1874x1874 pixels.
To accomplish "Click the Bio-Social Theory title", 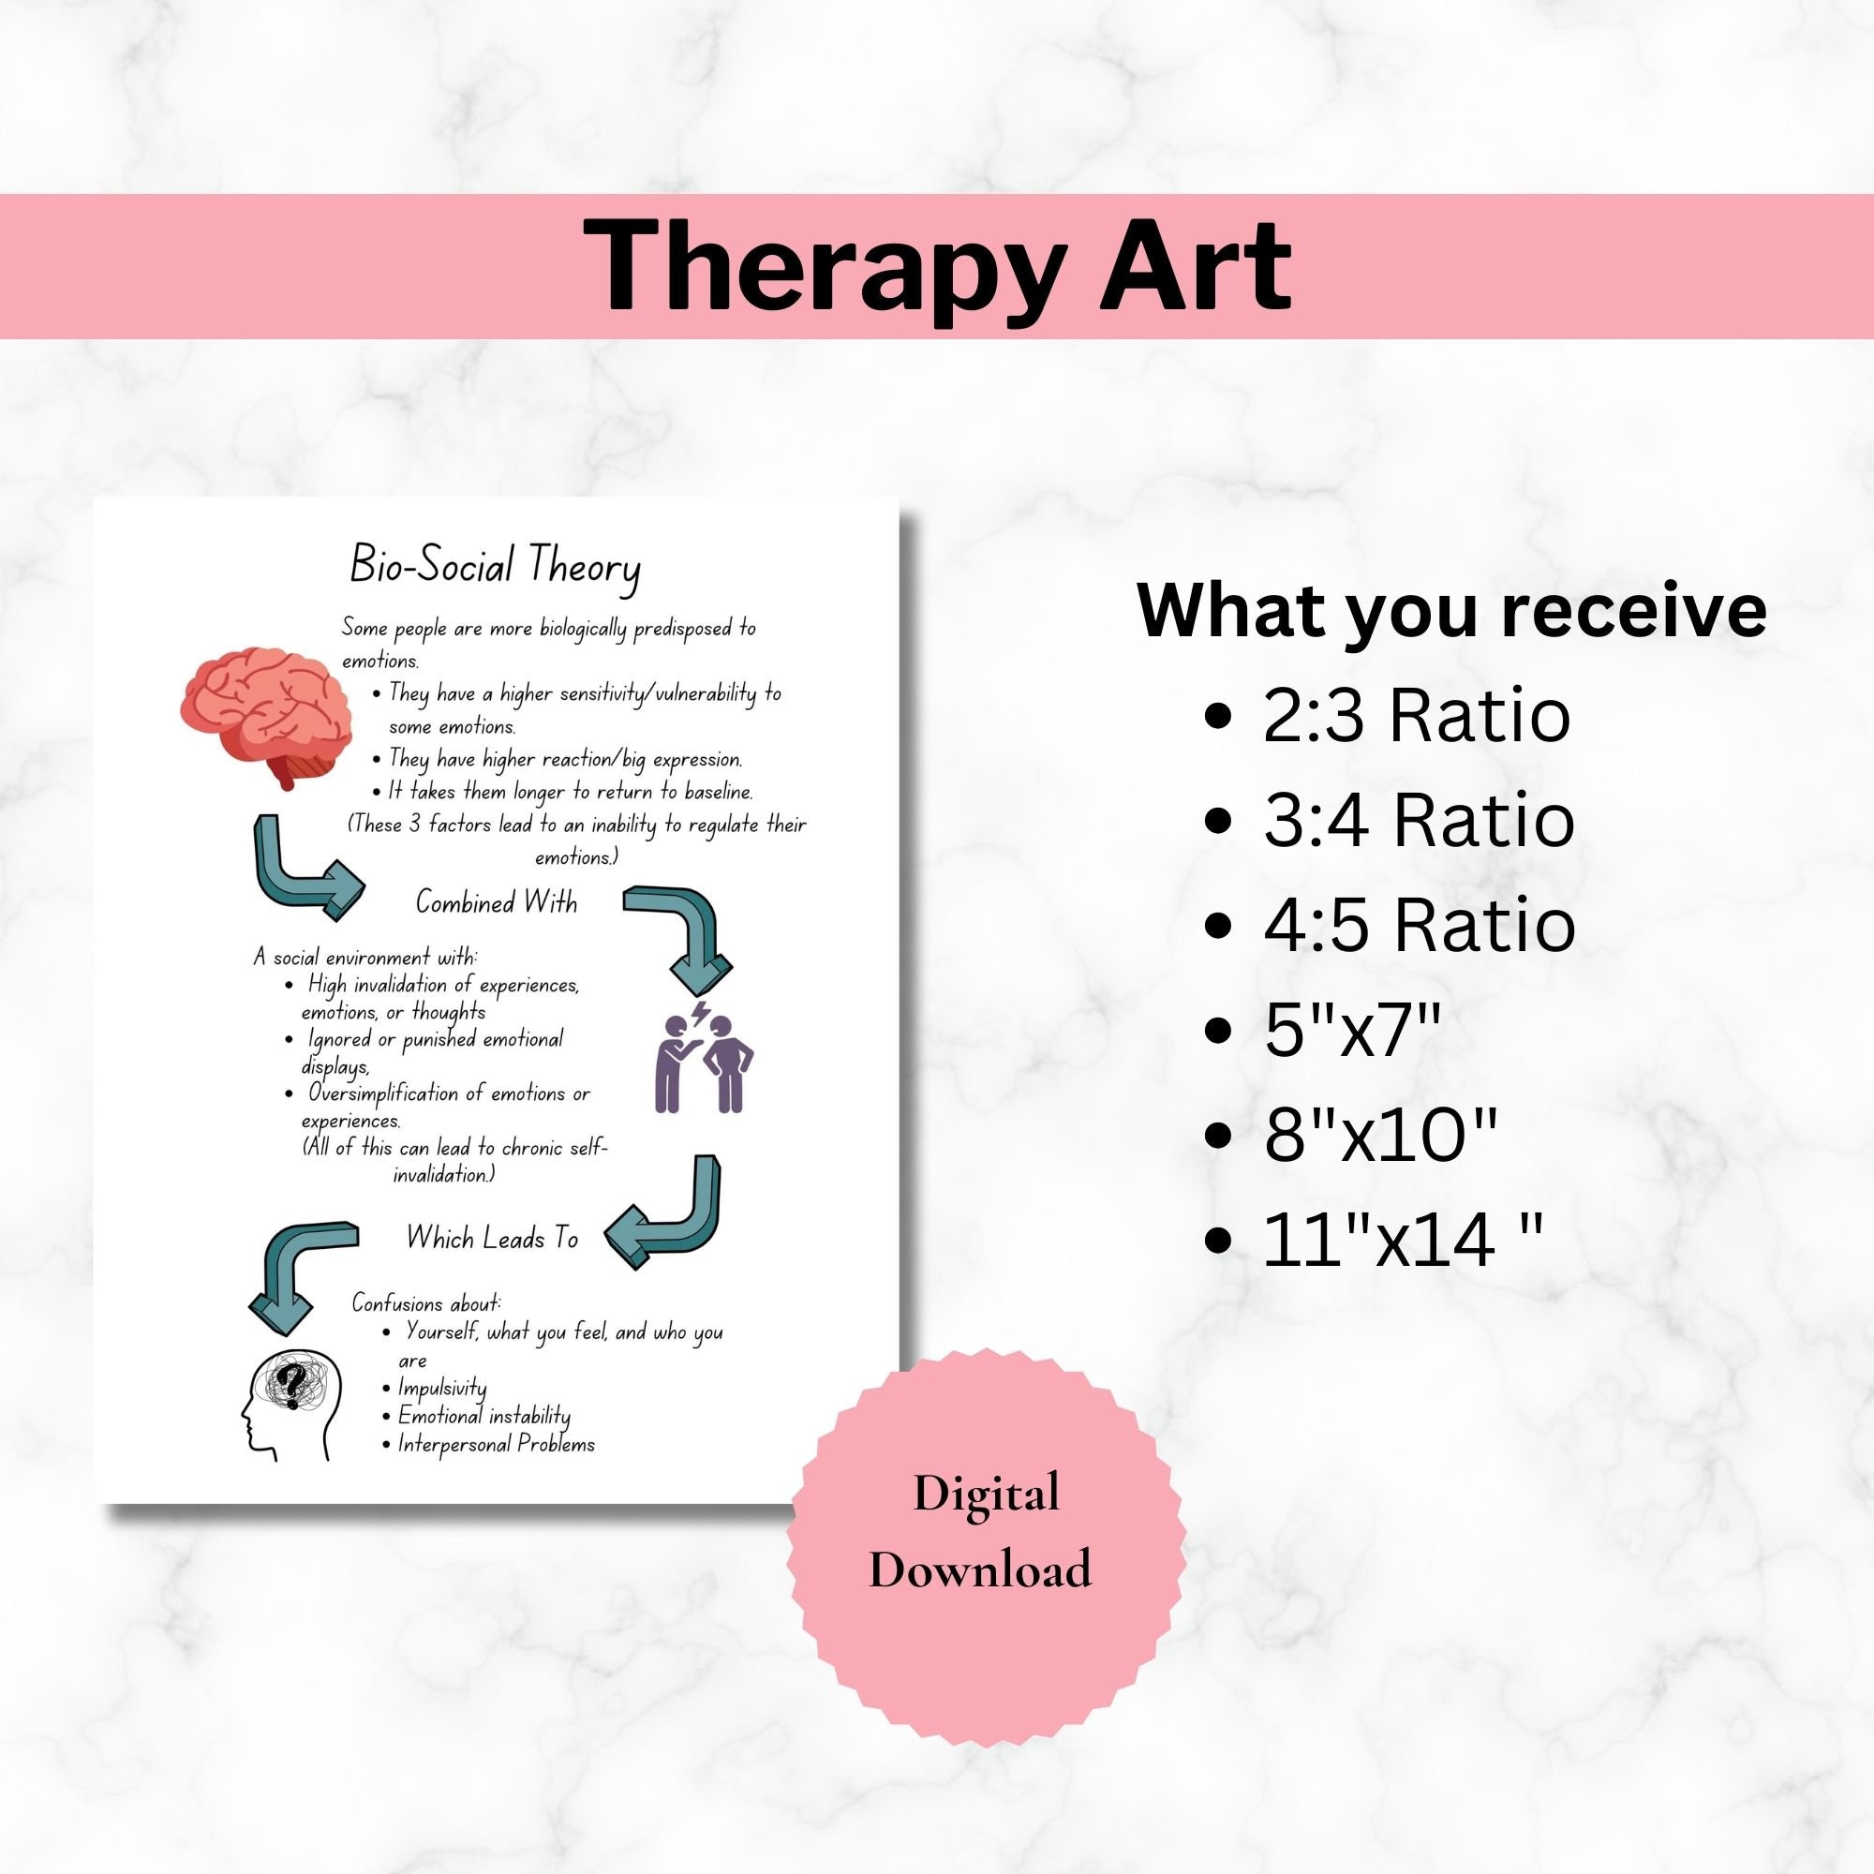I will [x=495, y=567].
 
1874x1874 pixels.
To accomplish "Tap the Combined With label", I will [x=496, y=903].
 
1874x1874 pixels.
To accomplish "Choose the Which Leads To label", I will [x=492, y=1239].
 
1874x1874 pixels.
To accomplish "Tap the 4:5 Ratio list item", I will [x=1418, y=924].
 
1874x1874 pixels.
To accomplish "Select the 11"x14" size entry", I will [x=1401, y=1239].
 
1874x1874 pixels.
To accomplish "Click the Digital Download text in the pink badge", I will [x=981, y=1531].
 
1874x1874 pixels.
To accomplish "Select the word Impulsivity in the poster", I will [x=442, y=1388].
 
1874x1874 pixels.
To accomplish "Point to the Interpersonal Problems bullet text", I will [x=496, y=1444].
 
